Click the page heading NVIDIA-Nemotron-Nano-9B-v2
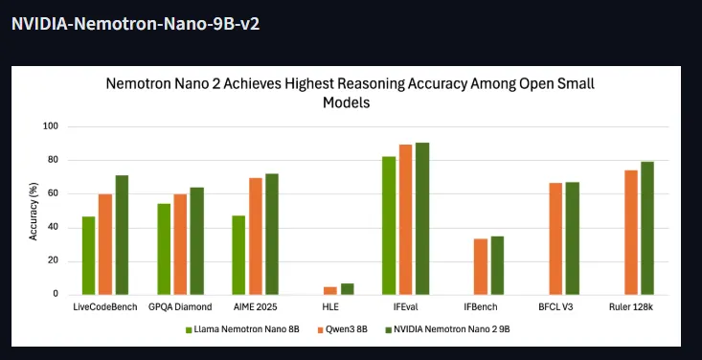tap(135, 23)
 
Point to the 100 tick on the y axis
tap(51, 126)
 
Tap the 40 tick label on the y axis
tap(53, 228)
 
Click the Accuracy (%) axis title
tap(34, 211)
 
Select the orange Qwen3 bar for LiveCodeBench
tap(105, 244)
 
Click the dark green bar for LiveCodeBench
tap(123, 236)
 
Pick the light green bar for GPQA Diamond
tap(164, 249)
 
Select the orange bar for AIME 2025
tap(256, 236)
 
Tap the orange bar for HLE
tap(330, 291)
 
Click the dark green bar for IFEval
tap(422, 219)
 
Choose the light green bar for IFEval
tap(389, 226)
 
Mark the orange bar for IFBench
tap(481, 267)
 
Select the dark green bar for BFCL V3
tap(573, 238)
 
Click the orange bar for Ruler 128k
tap(631, 233)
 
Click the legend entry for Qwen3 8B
tap(343, 329)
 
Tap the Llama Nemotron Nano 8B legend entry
tap(242, 329)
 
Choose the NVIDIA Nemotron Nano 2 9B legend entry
tap(447, 329)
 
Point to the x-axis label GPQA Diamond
tap(180, 306)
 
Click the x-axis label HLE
tap(330, 306)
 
